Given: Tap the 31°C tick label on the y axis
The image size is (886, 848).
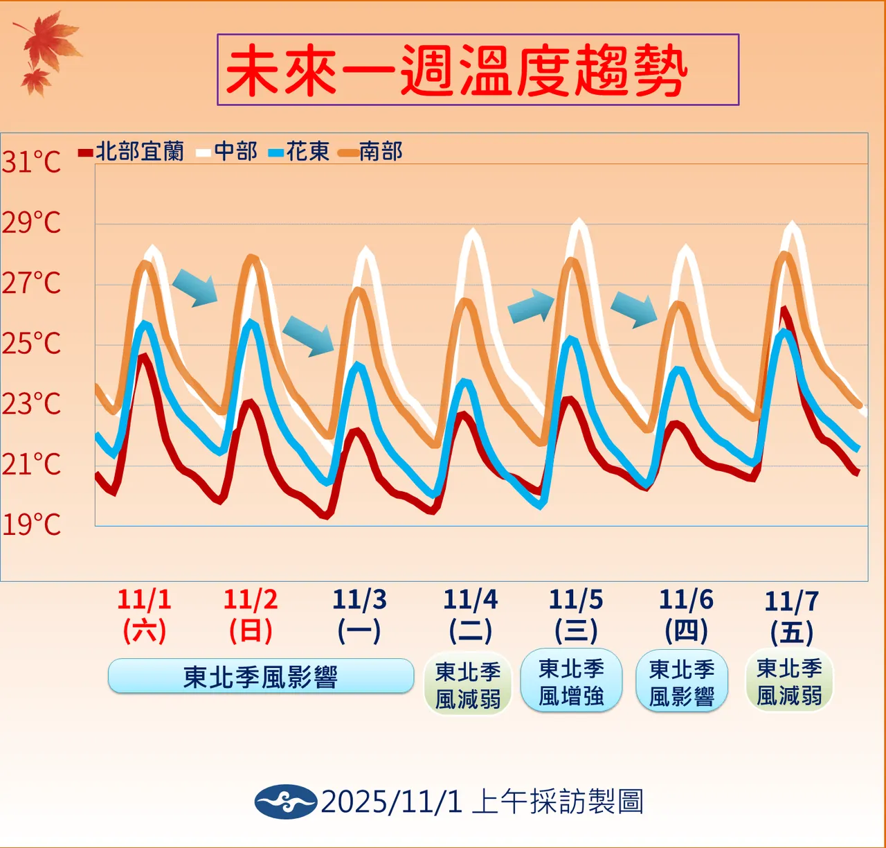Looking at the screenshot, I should [x=31, y=162].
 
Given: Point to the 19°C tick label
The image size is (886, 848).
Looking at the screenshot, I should [x=31, y=524].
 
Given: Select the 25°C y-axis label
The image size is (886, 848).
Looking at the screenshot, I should [x=31, y=344].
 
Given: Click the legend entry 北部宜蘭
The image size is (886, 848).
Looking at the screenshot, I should [x=132, y=152].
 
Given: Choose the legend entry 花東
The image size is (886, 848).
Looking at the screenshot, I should [x=299, y=152].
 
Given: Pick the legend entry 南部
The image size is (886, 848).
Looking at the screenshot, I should [x=372, y=152].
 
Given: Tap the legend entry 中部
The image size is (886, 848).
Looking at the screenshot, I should [x=227, y=152].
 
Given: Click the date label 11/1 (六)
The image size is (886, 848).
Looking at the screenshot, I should [x=144, y=615].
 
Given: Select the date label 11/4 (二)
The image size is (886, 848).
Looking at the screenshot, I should [x=470, y=615].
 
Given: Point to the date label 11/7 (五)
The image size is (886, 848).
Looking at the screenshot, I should [x=791, y=617].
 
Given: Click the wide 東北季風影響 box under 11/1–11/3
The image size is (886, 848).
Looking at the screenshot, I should [x=261, y=676].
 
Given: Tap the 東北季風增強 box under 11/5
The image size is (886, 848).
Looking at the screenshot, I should [x=571, y=682].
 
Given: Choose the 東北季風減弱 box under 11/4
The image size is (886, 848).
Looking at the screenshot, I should [x=468, y=684].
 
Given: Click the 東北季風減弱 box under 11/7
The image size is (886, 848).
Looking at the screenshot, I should [x=789, y=682].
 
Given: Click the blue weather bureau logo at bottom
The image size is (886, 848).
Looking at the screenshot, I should [x=285, y=802].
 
